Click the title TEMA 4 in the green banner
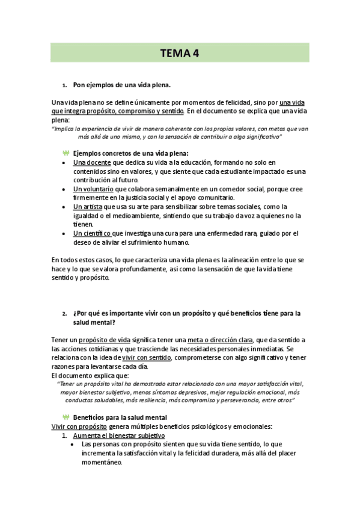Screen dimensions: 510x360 [x=180, y=53]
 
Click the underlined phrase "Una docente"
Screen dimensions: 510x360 [x=91, y=162]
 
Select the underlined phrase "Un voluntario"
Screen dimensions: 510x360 [x=94, y=189]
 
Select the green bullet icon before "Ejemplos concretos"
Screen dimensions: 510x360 [x=66, y=153]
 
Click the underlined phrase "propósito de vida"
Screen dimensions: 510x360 [x=106, y=340]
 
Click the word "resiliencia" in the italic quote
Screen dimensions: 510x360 [x=157, y=399]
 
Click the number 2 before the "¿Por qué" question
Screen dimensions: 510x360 [x=64, y=314]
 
